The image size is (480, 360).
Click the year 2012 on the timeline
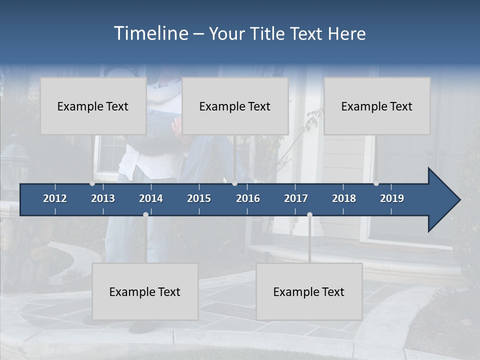coord(55,198)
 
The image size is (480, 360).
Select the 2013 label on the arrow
coord(103,198)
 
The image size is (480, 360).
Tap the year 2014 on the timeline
coord(151,198)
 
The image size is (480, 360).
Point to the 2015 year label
coord(199,198)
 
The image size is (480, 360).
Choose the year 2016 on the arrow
coord(248,198)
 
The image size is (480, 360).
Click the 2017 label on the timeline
coord(296,198)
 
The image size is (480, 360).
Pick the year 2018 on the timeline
coord(344,198)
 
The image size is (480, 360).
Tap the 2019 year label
coord(392,198)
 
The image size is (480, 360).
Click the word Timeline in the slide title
coord(151,33)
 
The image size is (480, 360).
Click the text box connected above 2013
coord(93,106)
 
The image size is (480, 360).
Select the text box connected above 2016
coord(235,106)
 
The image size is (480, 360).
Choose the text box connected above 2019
coord(377,106)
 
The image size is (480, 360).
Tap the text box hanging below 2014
coord(145,291)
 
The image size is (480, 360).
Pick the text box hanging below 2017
coord(309,291)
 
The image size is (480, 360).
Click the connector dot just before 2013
coord(92,183)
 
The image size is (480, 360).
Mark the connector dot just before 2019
coord(376,183)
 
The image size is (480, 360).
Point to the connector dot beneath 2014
coord(145,214)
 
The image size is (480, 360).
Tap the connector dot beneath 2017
coord(309,214)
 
